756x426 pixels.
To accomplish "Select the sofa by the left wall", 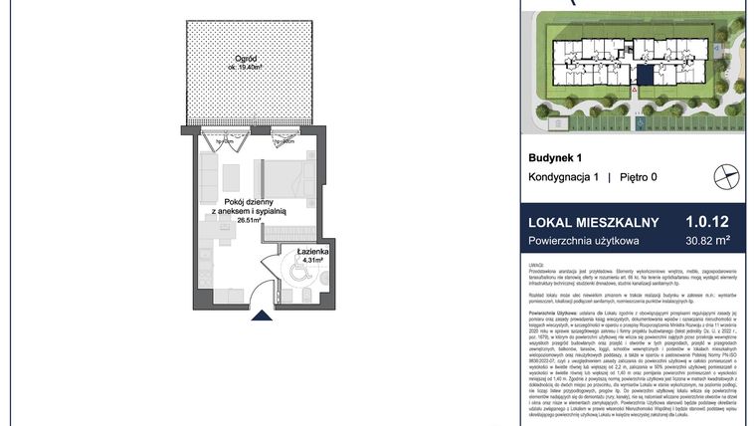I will coord(209,177).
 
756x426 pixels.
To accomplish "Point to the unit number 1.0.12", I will coord(707,223).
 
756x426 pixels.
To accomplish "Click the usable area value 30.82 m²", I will coord(708,240).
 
